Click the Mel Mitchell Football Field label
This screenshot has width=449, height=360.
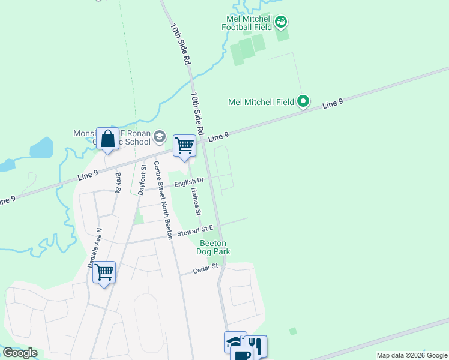[247, 22]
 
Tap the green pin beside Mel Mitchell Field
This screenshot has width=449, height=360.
[303, 102]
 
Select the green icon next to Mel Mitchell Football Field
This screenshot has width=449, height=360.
[281, 23]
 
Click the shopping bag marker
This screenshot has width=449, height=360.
[107, 139]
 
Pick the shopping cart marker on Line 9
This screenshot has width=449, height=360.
[184, 145]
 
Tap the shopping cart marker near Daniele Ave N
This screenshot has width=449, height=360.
[104, 272]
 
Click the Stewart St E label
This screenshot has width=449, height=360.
[200, 229]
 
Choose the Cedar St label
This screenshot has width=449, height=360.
[205, 271]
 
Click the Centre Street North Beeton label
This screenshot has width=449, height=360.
[163, 200]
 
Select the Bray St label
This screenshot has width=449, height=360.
[118, 182]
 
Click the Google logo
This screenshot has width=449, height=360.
[20, 353]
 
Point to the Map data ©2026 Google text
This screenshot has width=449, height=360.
[411, 355]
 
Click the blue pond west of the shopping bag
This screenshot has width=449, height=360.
[41, 149]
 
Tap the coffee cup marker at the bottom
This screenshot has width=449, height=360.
[243, 355]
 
